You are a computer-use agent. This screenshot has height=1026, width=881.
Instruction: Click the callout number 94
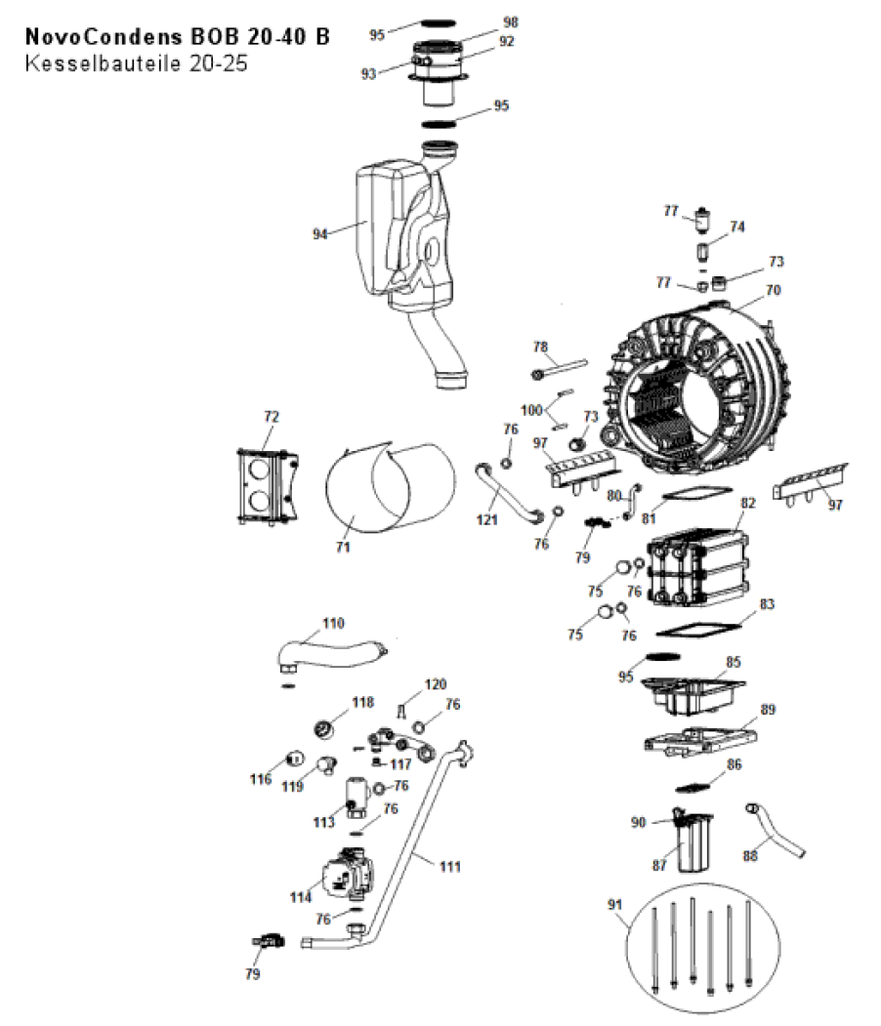pyautogui.click(x=319, y=233)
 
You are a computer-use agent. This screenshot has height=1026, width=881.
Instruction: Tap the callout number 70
pyautogui.click(x=773, y=289)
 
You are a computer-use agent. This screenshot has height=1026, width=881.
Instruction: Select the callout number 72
pyautogui.click(x=271, y=416)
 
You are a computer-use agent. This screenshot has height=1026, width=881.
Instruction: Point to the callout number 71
pyautogui.click(x=343, y=547)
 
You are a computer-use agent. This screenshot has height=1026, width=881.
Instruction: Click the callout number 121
pyautogui.click(x=487, y=519)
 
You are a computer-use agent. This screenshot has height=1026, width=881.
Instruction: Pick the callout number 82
pyautogui.click(x=747, y=503)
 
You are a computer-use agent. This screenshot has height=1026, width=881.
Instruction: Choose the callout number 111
pyautogui.click(x=450, y=866)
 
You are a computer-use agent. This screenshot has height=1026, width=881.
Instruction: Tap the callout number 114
pyautogui.click(x=301, y=897)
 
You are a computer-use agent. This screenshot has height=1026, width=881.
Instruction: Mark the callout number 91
pyautogui.click(x=614, y=904)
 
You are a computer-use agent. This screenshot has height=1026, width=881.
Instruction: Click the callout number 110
pyautogui.click(x=333, y=623)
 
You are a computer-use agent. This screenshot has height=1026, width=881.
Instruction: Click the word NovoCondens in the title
pyautogui.click(x=104, y=37)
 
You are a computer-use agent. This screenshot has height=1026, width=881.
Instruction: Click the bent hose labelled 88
pyautogui.click(x=775, y=830)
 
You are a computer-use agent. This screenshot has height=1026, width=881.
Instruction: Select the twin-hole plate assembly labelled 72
pyautogui.click(x=268, y=487)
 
